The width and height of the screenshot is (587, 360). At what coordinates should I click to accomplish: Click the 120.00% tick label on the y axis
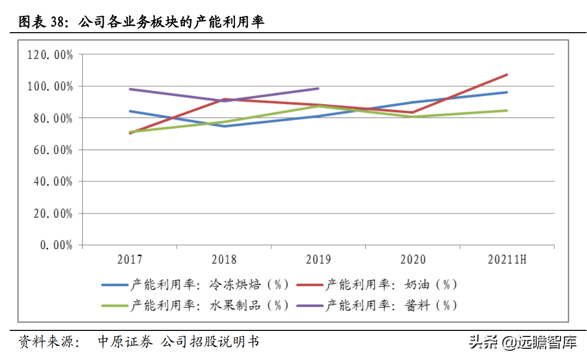click(50, 55)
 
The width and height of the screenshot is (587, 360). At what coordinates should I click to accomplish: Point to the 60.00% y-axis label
click(53, 150)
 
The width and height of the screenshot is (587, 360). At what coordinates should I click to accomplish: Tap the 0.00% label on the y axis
click(56, 245)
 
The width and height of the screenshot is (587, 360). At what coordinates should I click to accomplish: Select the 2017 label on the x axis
click(130, 259)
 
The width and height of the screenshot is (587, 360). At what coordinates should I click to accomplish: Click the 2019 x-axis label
click(319, 259)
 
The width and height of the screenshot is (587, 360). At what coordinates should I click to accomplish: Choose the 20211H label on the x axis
click(507, 259)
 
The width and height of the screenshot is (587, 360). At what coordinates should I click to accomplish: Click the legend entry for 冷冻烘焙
click(195, 285)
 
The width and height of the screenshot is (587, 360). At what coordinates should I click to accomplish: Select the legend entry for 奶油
click(377, 285)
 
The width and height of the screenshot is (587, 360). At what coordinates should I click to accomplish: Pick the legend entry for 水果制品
click(195, 305)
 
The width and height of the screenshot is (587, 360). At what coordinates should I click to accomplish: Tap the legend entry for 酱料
click(377, 305)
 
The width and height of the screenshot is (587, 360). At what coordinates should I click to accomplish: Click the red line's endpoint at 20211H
click(507, 75)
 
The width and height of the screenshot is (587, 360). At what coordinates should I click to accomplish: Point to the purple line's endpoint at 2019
click(318, 89)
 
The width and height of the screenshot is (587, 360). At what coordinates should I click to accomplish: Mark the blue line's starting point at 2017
click(130, 111)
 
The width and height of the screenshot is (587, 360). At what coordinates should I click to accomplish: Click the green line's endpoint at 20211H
click(507, 110)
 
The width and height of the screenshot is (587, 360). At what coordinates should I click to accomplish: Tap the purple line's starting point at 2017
click(130, 89)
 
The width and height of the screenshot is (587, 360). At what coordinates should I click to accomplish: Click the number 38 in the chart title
click(57, 22)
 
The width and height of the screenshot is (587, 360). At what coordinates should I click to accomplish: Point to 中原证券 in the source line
click(125, 342)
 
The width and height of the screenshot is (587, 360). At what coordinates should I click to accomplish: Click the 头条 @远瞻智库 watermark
click(523, 342)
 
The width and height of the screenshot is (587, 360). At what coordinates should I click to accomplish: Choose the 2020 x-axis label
click(413, 259)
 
